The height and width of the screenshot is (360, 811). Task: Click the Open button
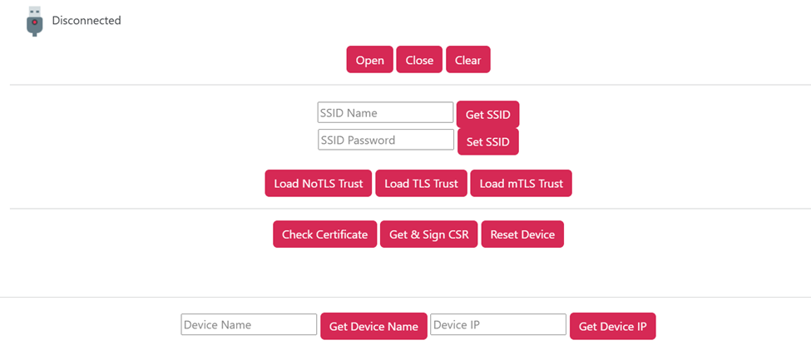(x=370, y=60)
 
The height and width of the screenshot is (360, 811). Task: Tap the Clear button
(x=468, y=60)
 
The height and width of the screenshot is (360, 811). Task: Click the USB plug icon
(x=34, y=22)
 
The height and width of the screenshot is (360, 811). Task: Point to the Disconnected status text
(x=87, y=21)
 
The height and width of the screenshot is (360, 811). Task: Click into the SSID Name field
(x=385, y=113)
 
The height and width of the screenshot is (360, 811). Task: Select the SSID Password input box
(x=386, y=140)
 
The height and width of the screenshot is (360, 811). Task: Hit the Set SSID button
(x=488, y=141)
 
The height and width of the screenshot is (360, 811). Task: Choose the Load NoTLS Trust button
(x=318, y=183)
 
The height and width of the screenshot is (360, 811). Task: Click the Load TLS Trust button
(x=421, y=183)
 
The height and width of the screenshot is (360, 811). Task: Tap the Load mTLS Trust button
(x=521, y=183)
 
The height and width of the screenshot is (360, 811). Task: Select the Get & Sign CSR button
(x=428, y=234)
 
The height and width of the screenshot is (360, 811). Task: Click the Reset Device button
(x=522, y=234)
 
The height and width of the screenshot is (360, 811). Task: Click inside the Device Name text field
(x=249, y=324)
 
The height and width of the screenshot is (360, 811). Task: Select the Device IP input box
(x=498, y=324)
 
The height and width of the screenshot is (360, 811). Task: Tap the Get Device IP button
(x=612, y=327)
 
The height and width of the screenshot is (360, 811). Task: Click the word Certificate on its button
(x=342, y=234)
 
